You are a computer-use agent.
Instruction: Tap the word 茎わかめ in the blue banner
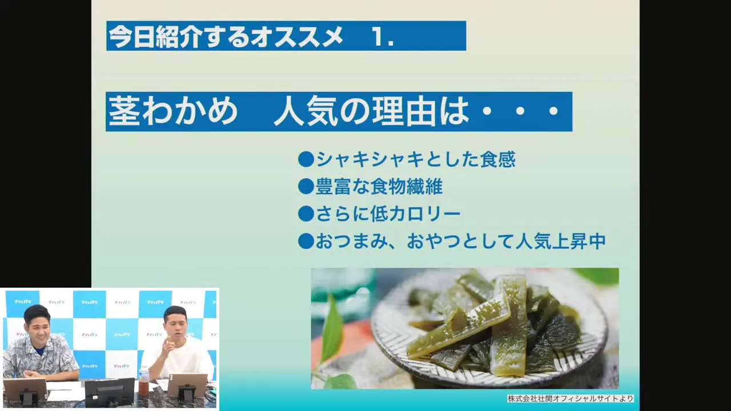tap(173, 111)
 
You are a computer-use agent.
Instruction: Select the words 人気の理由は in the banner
tap(371, 111)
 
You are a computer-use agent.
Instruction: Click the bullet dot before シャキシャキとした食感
tap(306, 159)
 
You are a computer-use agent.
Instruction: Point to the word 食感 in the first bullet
tap(498, 159)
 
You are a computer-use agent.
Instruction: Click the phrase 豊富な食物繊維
tap(379, 187)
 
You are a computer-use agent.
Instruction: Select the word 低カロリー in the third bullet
tap(415, 214)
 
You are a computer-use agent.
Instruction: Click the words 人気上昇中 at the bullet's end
tap(561, 241)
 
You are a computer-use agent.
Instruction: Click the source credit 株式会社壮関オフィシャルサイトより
tap(571, 398)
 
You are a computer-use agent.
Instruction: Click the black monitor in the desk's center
tap(110, 393)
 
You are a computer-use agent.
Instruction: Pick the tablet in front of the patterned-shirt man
tap(25, 392)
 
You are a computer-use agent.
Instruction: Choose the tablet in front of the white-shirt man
tap(187, 388)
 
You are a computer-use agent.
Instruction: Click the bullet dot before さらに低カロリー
tap(306, 214)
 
